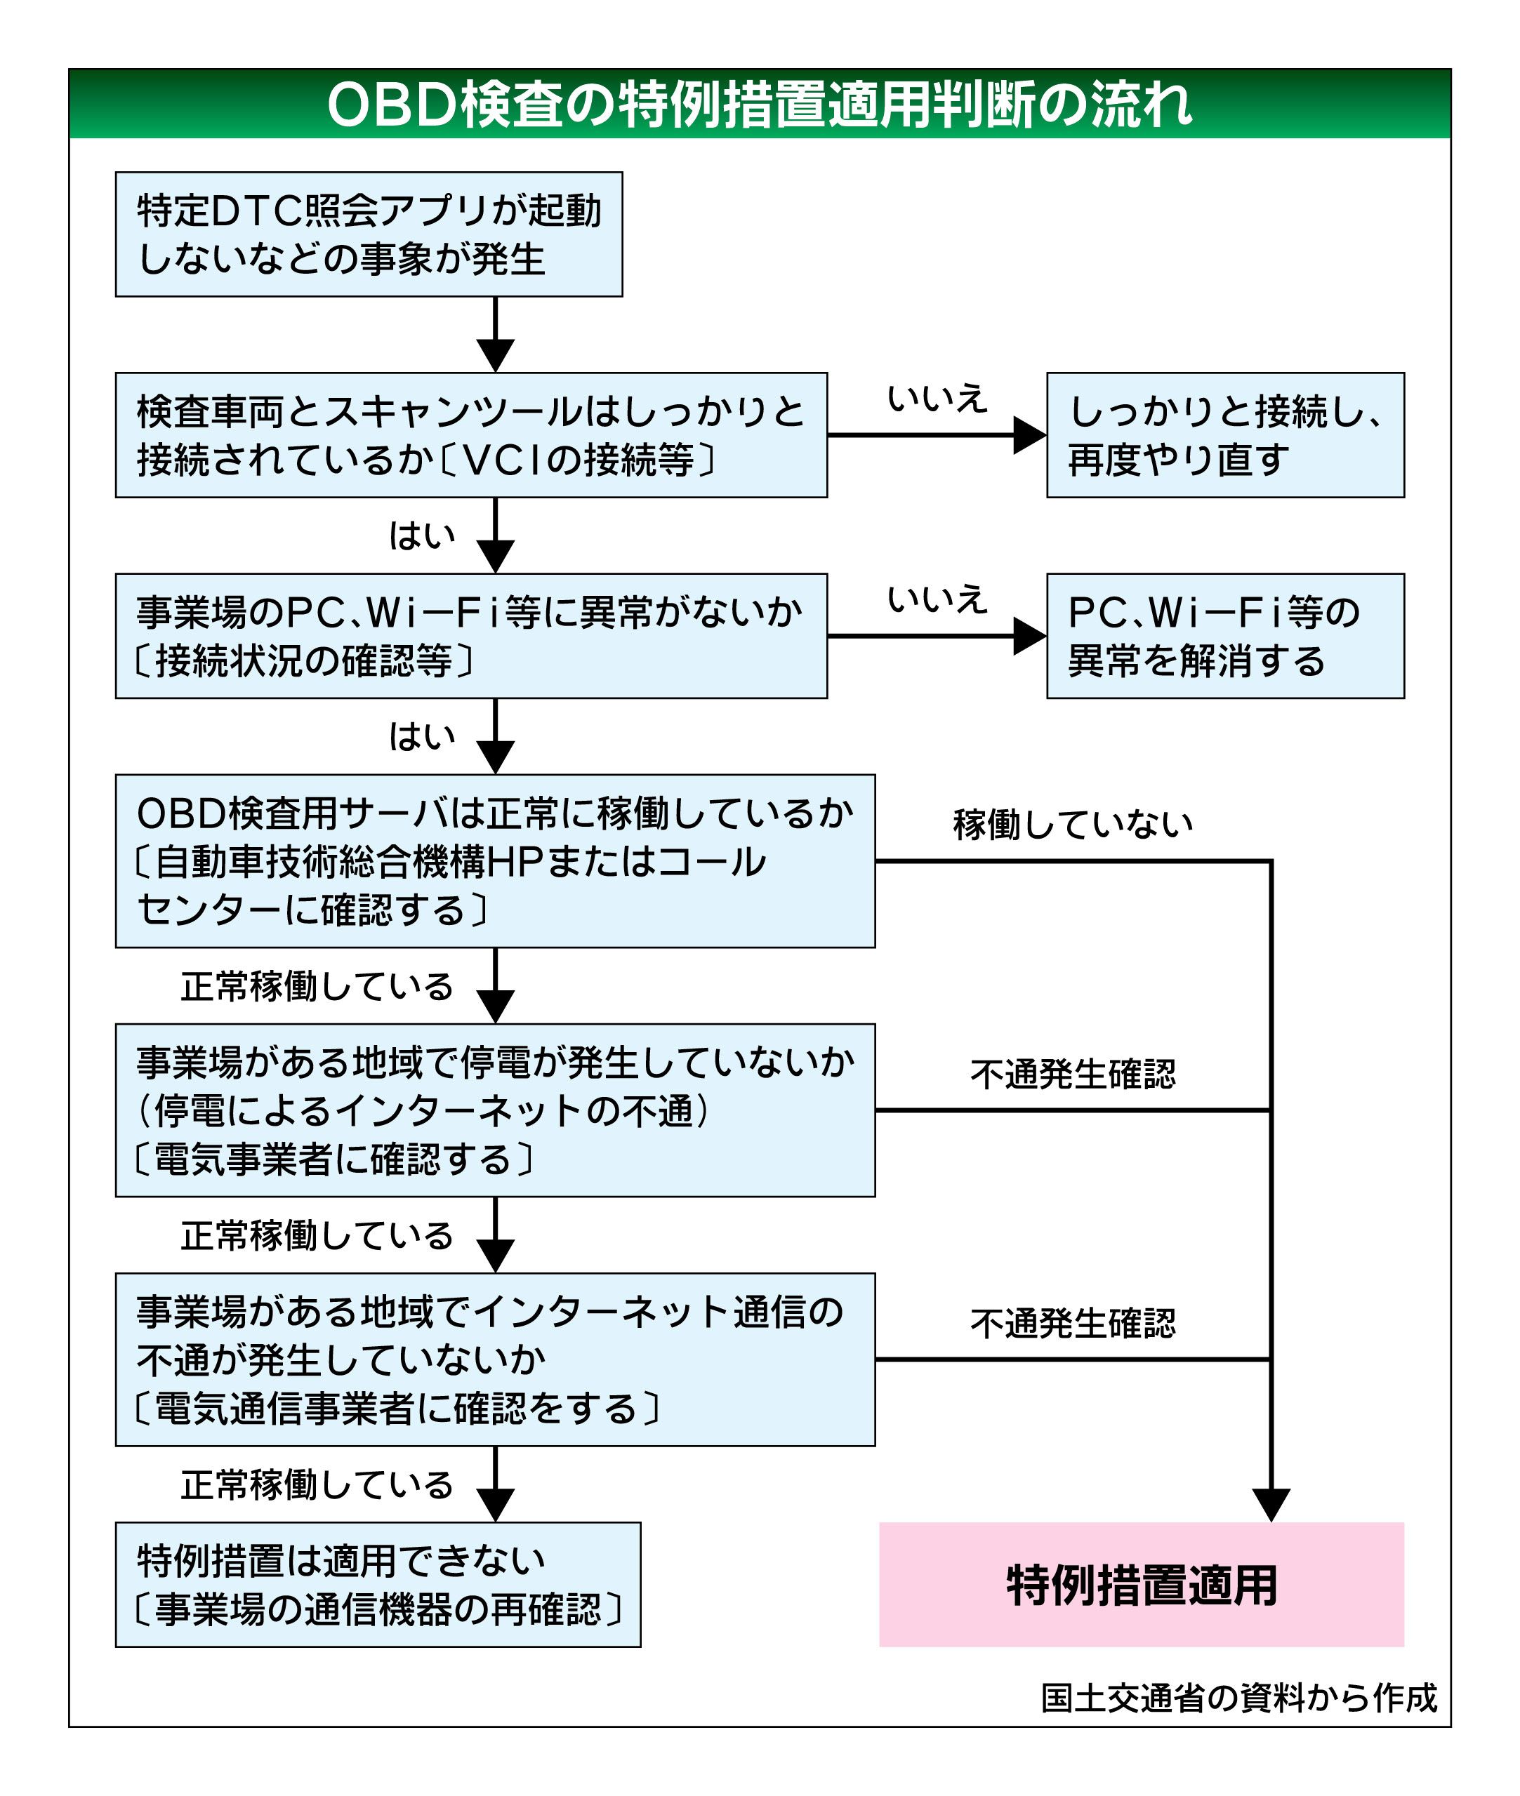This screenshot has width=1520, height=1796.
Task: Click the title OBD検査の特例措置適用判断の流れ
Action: pyautogui.click(x=759, y=105)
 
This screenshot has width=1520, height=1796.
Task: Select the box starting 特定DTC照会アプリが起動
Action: pyautogui.click(x=369, y=234)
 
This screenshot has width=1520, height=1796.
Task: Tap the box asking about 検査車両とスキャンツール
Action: pyautogui.click(x=471, y=435)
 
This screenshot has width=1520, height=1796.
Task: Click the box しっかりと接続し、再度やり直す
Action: pyautogui.click(x=1225, y=435)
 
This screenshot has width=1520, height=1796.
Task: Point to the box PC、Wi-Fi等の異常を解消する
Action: pyautogui.click(x=1225, y=636)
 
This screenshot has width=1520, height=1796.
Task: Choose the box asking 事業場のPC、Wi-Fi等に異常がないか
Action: pyautogui.click(x=471, y=636)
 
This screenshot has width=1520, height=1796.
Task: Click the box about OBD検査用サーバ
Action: pyautogui.click(x=496, y=860)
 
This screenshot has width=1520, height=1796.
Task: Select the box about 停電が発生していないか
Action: pyautogui.click(x=496, y=1110)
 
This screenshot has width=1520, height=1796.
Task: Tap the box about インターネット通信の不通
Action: pyautogui.click(x=496, y=1359)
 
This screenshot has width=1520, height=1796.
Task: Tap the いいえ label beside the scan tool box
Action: pyautogui.click(x=937, y=399)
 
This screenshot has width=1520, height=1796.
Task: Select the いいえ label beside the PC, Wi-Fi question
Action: pyautogui.click(x=937, y=599)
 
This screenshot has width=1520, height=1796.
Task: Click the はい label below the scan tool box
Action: pyautogui.click(x=422, y=536)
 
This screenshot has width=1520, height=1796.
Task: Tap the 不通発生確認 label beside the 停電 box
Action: pyautogui.click(x=1073, y=1074)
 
